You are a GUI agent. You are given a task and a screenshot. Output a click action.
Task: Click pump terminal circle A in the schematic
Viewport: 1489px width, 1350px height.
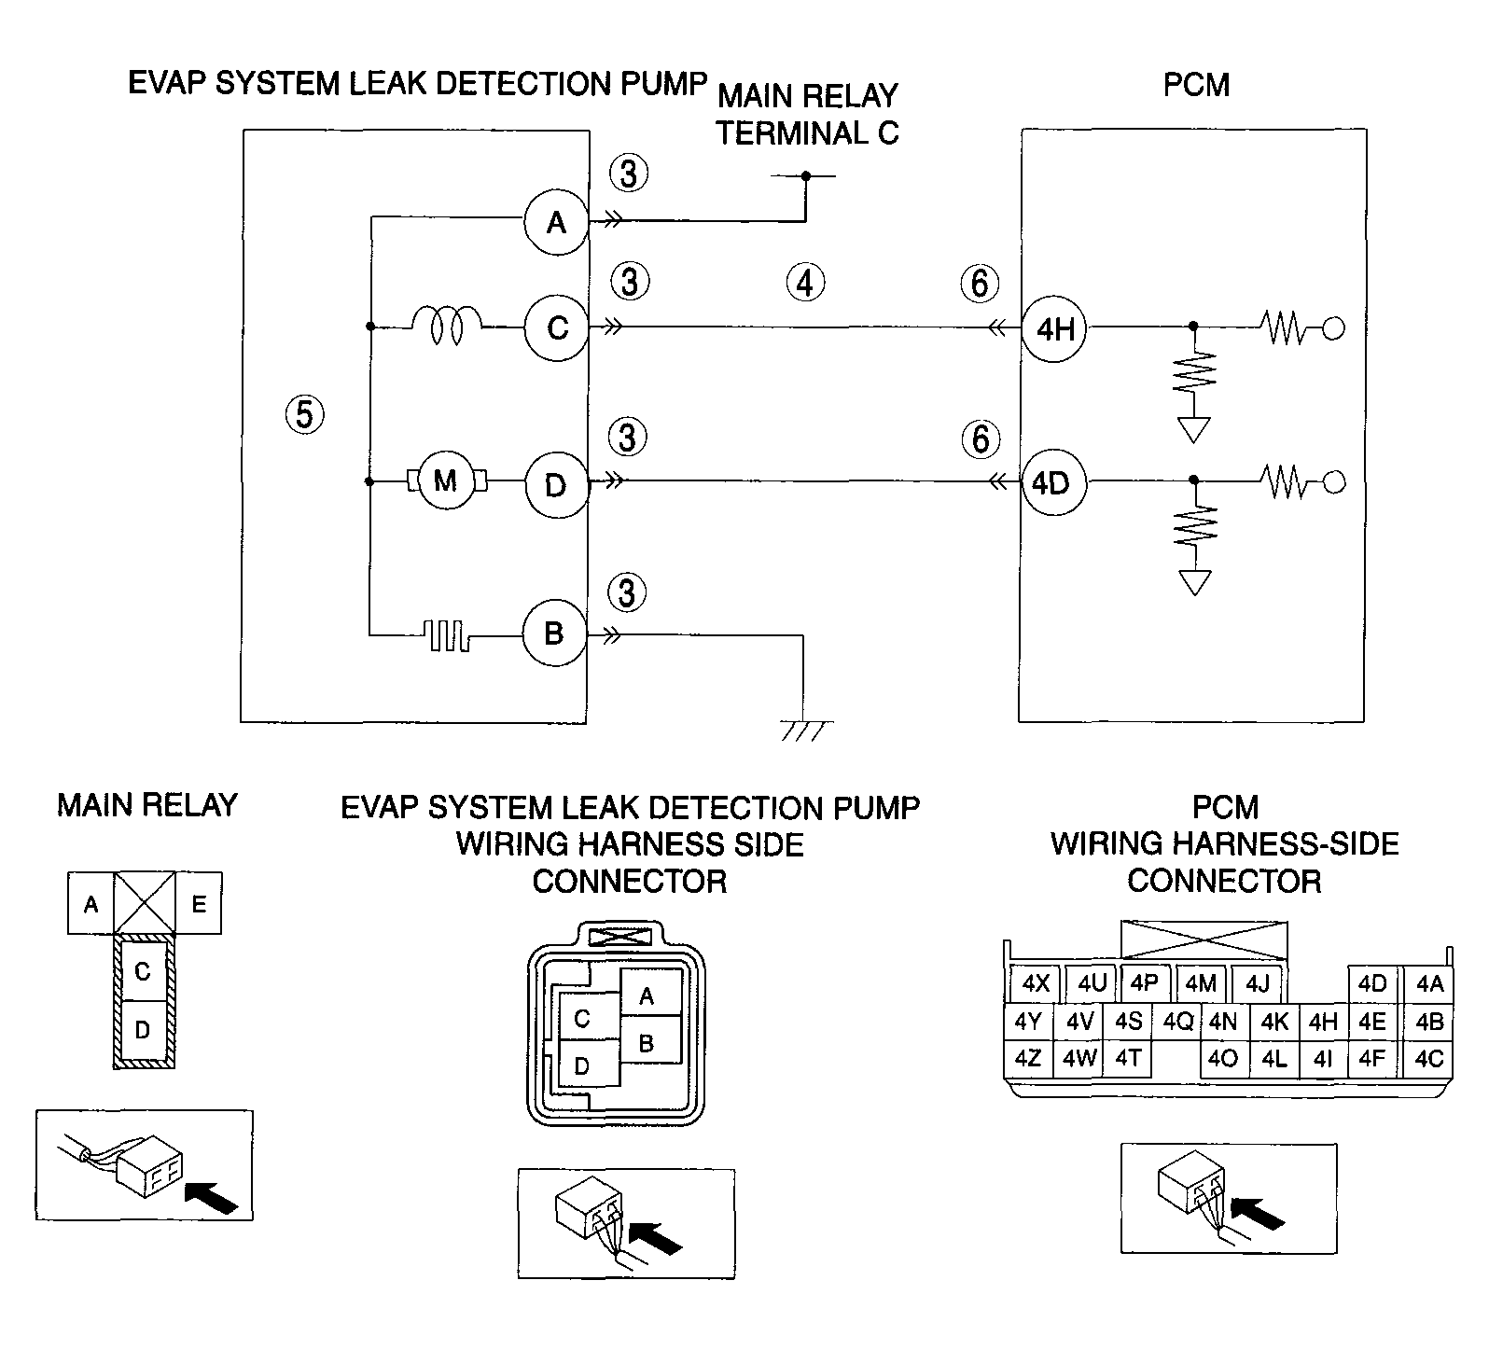(556, 223)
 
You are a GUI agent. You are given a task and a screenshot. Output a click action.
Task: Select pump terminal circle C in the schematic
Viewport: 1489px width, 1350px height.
(557, 328)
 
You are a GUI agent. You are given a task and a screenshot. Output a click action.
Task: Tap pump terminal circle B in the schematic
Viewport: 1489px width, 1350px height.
(554, 633)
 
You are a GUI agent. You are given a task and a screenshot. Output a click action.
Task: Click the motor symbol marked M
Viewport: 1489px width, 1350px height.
(447, 481)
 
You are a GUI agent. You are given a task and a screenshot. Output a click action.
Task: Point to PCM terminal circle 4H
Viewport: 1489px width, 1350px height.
(1054, 328)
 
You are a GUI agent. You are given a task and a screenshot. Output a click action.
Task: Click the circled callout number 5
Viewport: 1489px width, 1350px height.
(304, 413)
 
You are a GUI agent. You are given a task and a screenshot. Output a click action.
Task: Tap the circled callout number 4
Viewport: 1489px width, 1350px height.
(806, 283)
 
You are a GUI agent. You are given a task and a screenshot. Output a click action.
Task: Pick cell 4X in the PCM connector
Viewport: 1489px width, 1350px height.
(1036, 983)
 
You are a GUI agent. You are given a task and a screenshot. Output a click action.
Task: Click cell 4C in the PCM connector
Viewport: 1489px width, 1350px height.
(1428, 1059)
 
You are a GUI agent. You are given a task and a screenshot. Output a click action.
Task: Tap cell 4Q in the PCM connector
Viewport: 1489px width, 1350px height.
(1178, 1022)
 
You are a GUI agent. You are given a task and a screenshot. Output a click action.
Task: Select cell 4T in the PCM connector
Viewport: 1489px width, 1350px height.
(1127, 1059)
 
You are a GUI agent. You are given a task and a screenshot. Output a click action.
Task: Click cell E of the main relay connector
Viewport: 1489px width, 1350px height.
(198, 903)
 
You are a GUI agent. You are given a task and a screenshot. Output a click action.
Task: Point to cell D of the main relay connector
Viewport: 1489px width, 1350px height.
(143, 1030)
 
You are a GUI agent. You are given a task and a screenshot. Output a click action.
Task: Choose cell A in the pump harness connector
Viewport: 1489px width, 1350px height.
(647, 997)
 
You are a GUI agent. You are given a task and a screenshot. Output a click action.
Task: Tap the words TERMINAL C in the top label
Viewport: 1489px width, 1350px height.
(808, 133)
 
